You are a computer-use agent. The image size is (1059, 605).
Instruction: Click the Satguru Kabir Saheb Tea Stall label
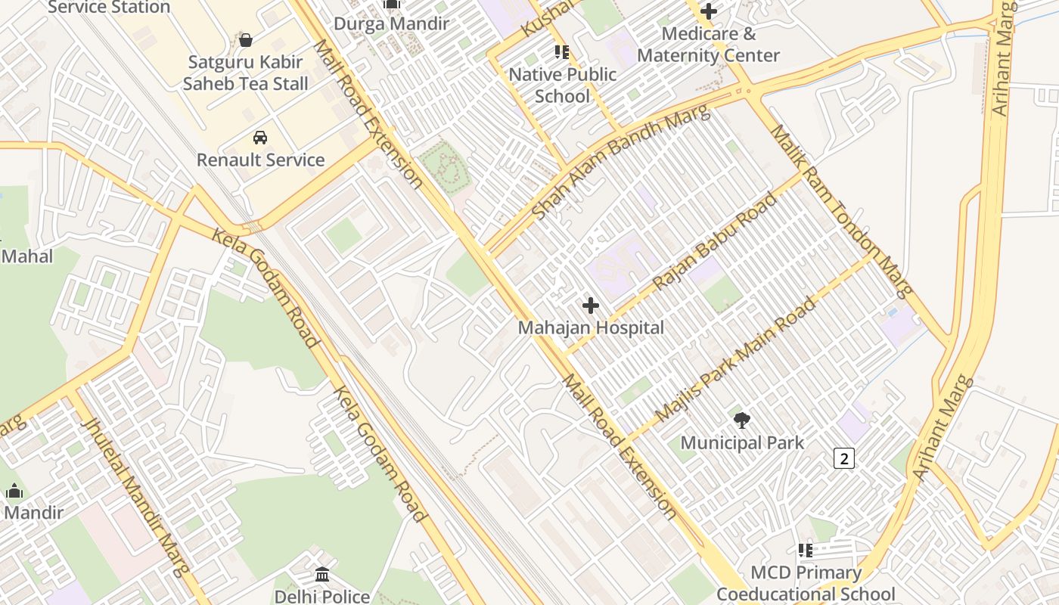point(245,73)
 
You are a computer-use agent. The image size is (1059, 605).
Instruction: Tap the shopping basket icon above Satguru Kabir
point(245,40)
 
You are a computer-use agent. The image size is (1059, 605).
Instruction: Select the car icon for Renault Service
point(260,138)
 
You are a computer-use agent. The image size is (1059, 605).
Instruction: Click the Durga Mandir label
point(391,23)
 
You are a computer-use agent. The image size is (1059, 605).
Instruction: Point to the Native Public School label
point(562,85)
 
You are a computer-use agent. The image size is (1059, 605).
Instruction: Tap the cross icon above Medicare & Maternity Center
point(709,11)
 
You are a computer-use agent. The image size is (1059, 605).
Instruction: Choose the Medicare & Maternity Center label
point(708,45)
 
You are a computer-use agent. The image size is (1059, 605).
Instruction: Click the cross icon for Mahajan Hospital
point(591,306)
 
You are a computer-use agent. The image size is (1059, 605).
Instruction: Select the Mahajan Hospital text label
point(591,327)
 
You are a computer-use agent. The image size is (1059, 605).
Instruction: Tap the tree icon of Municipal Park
point(742,420)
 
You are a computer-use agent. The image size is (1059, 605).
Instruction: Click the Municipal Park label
point(742,442)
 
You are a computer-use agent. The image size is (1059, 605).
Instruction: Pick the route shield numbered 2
point(844,458)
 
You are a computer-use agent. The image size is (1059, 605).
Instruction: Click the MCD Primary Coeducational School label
point(806,583)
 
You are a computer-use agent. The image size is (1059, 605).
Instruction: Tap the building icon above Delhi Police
point(322,575)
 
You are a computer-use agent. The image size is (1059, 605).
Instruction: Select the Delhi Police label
point(322,597)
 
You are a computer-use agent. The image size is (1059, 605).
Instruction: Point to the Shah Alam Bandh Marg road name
point(621,163)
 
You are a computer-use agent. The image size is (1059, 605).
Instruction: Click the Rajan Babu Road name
point(714,242)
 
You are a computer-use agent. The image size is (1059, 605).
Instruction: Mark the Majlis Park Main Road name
point(735,360)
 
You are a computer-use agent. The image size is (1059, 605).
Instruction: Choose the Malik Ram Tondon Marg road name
point(841,211)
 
